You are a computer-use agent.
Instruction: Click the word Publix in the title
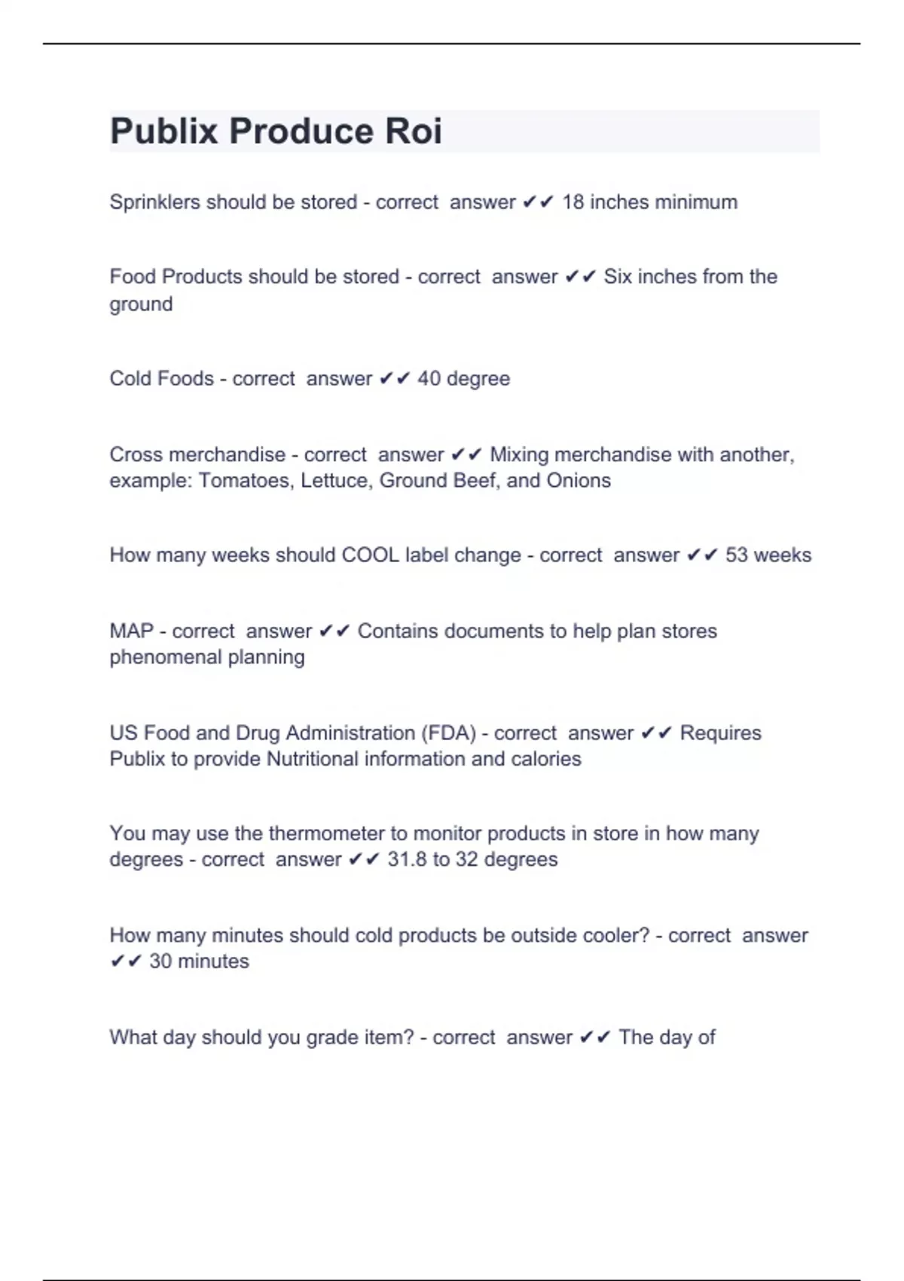pyautogui.click(x=164, y=131)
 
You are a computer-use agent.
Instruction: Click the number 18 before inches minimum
pyautogui.click(x=573, y=202)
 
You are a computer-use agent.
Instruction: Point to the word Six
pyautogui.click(x=618, y=277)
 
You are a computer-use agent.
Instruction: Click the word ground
pyautogui.click(x=141, y=304)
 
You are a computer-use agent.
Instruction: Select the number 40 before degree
pyautogui.click(x=429, y=378)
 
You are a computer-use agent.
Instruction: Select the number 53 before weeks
pyautogui.click(x=736, y=555)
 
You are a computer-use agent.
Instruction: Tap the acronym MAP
pyautogui.click(x=131, y=631)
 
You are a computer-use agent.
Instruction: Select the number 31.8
pyautogui.click(x=407, y=860)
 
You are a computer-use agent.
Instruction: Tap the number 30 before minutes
pyautogui.click(x=160, y=962)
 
